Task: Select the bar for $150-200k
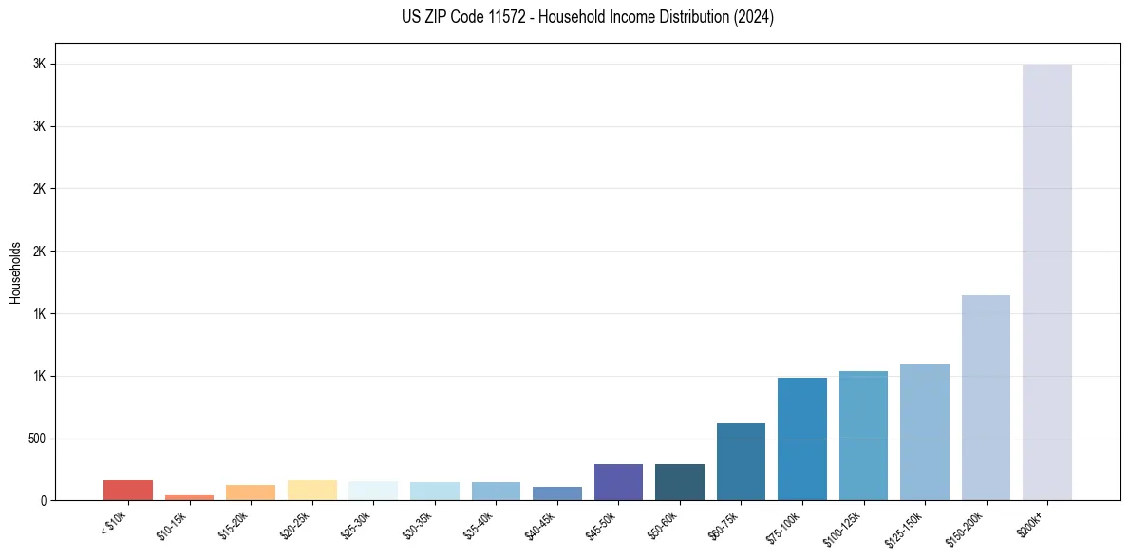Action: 986,398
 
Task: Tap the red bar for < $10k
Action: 128,491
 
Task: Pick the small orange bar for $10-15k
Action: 189,496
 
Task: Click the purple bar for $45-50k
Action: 618,482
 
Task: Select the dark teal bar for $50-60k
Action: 680,482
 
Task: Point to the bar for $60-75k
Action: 741,462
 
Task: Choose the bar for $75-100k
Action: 802,439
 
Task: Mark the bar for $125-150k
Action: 925,433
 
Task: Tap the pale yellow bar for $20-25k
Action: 311,491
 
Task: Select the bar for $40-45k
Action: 557,494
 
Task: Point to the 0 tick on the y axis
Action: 44,500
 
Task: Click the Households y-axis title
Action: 15,272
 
